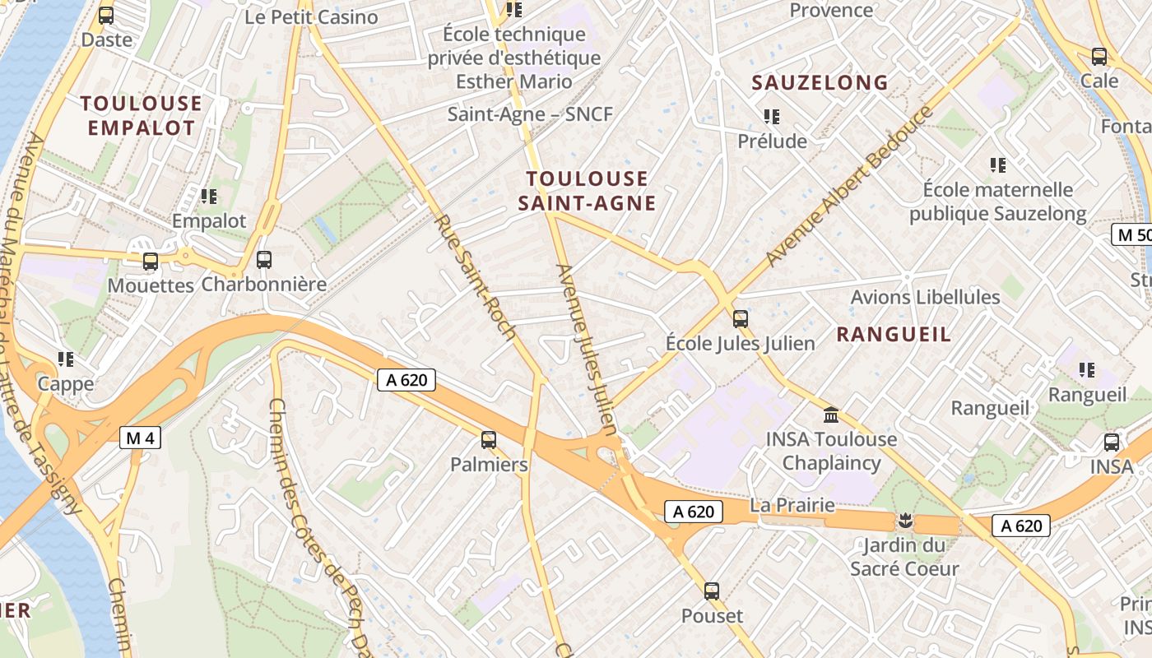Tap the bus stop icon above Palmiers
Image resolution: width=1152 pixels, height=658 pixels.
click(x=489, y=440)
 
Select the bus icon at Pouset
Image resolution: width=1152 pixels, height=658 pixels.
click(x=712, y=591)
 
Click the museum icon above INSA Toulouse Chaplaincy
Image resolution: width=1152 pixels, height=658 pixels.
click(x=831, y=415)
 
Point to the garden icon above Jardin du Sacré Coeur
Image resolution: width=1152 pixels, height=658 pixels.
click(x=904, y=520)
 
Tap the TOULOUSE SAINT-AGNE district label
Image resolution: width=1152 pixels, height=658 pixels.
click(x=588, y=191)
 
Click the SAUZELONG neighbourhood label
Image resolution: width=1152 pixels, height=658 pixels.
click(x=820, y=82)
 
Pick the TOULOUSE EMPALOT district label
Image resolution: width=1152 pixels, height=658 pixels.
click(x=142, y=115)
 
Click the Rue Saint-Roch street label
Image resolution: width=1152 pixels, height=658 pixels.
click(x=476, y=278)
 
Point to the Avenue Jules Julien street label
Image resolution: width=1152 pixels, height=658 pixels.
click(x=587, y=350)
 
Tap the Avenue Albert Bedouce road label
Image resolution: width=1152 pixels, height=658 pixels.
click(x=851, y=186)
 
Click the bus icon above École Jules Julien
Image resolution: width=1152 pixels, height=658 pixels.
click(x=741, y=318)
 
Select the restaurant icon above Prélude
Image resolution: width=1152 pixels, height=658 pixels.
click(x=771, y=117)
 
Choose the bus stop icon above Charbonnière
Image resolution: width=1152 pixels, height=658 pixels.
click(x=264, y=260)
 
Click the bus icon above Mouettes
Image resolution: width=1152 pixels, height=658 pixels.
click(x=151, y=262)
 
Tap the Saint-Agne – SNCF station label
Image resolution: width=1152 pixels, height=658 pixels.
click(x=531, y=114)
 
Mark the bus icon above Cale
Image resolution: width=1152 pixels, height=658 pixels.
click(x=1099, y=57)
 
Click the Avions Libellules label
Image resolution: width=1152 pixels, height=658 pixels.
click(x=925, y=297)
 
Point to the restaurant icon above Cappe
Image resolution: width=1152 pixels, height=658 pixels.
click(x=66, y=359)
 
